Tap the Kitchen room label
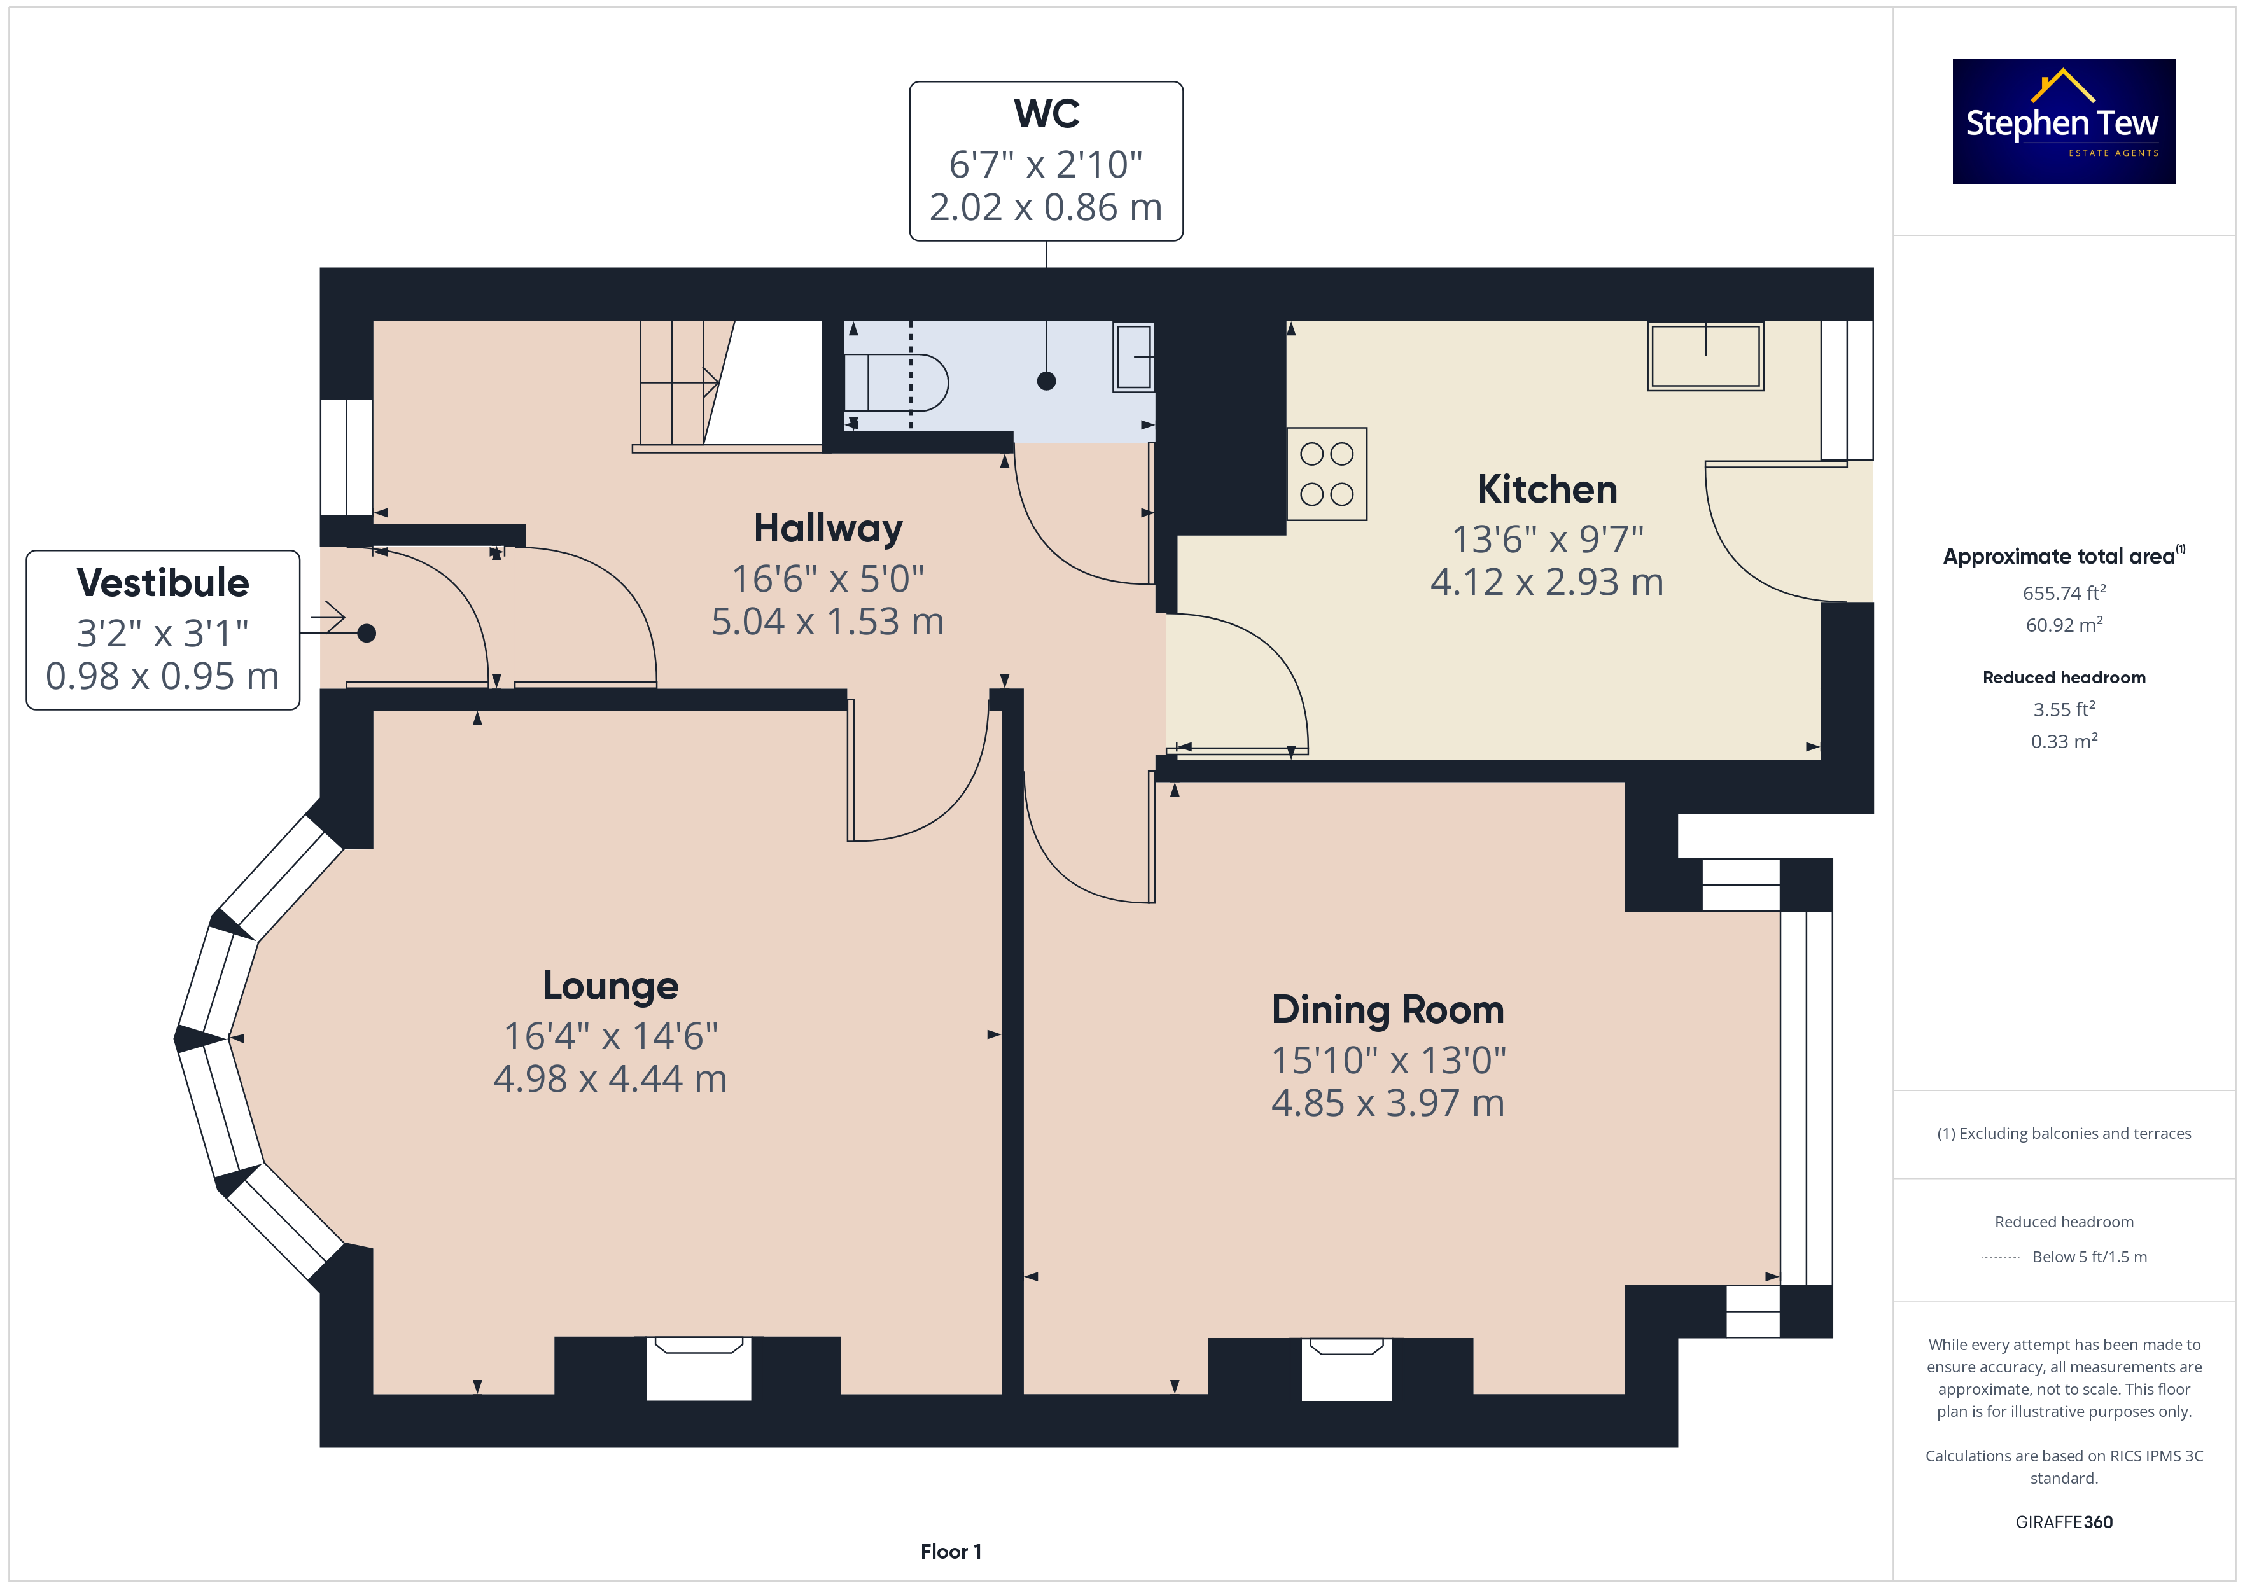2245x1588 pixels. click(1547, 489)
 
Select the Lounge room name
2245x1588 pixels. click(610, 986)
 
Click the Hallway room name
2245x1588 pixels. click(827, 528)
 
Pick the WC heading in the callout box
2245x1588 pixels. click(1046, 113)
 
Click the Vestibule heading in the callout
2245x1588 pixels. click(162, 583)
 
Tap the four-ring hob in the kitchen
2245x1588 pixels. click(1327, 474)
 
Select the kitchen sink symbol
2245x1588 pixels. click(1705, 356)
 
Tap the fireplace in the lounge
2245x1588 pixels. click(698, 1368)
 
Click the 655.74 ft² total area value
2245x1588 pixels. click(2064, 592)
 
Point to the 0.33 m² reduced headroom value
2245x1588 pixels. click(2064, 741)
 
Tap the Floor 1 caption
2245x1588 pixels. click(951, 1551)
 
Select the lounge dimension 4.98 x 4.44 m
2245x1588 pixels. click(610, 1078)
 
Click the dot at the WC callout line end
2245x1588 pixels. click(1046, 381)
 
